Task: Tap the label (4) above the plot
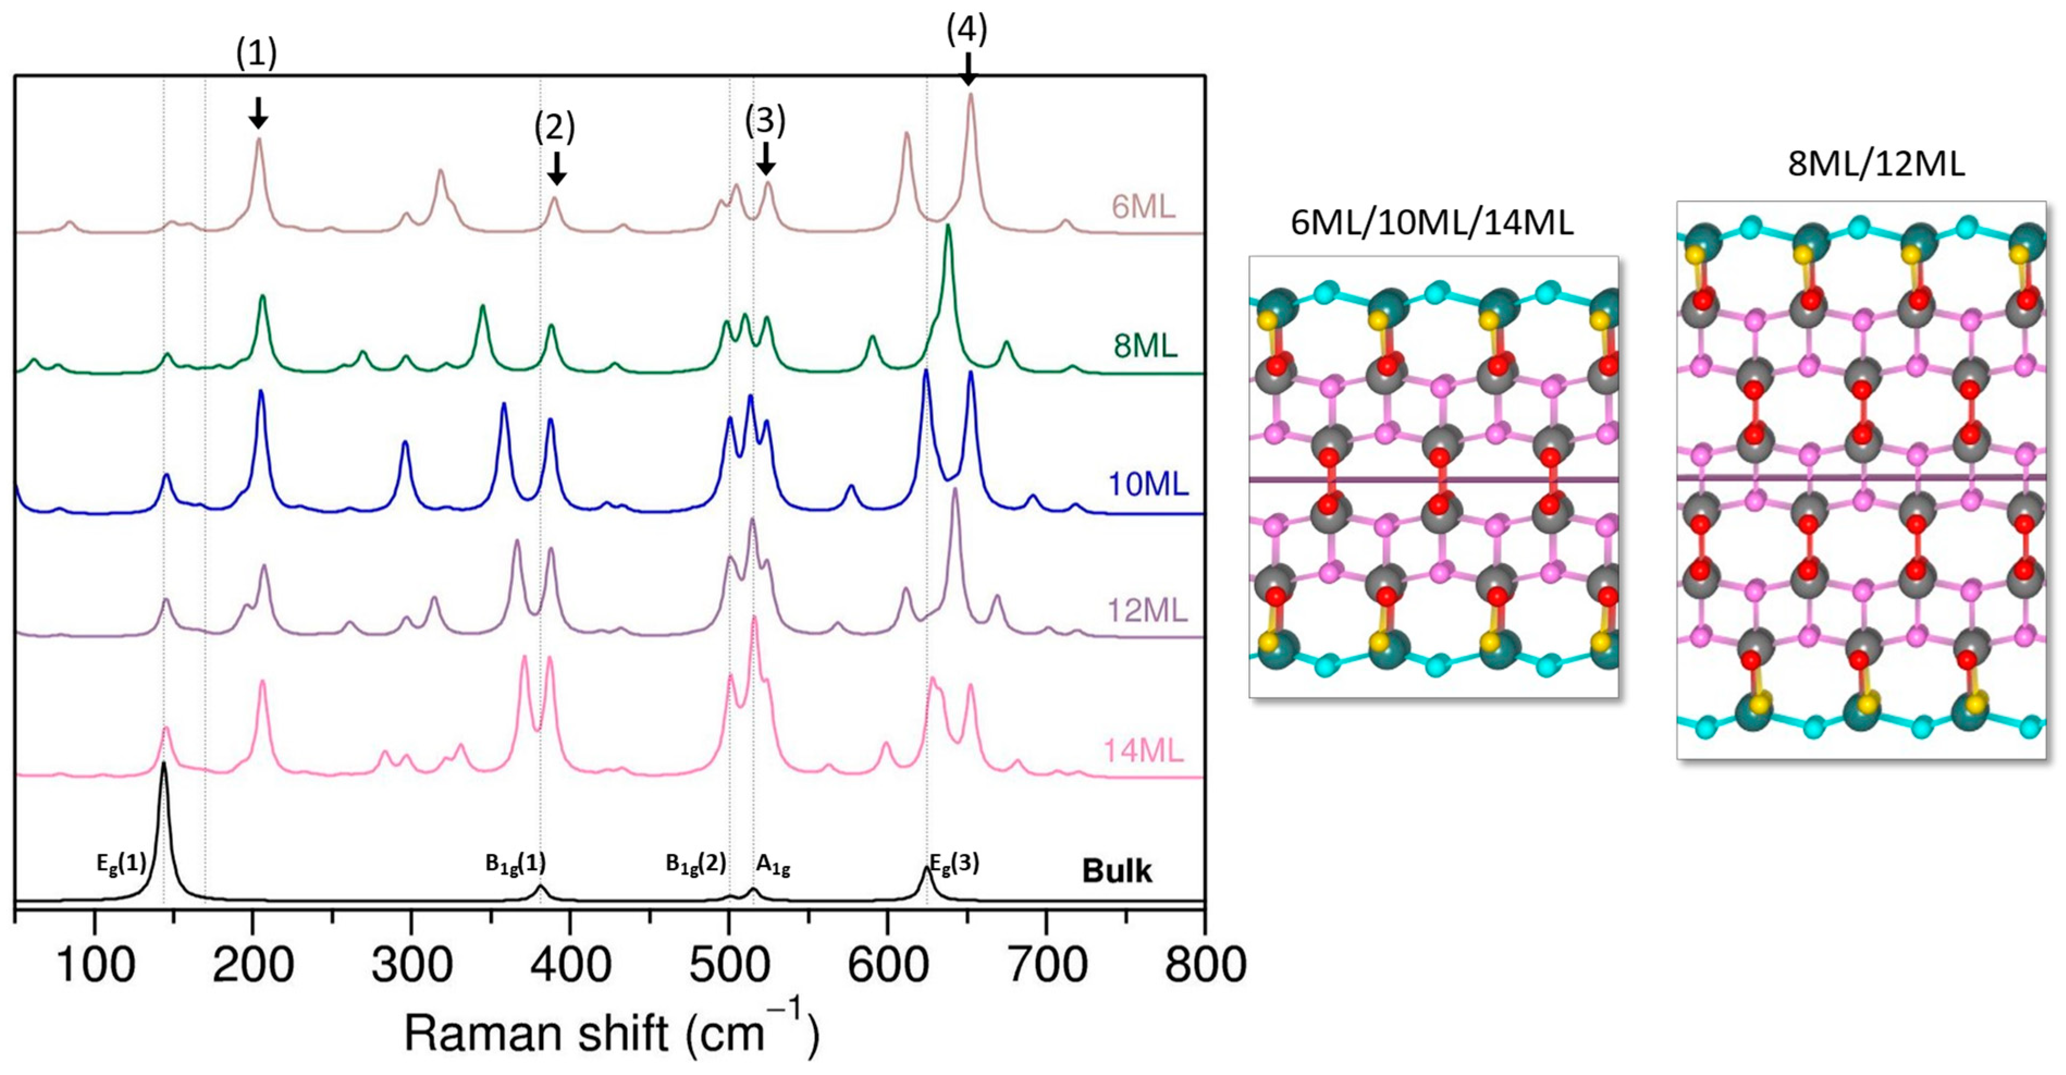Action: point(967,30)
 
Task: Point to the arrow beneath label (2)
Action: point(556,169)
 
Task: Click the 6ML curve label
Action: point(1143,207)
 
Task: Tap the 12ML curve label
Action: point(1147,611)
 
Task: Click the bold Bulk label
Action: point(1117,871)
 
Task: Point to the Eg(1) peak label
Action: point(121,863)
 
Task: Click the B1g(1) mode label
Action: point(515,863)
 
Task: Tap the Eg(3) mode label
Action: point(954,863)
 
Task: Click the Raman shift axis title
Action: point(611,1033)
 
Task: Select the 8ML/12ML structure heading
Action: point(1876,164)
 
